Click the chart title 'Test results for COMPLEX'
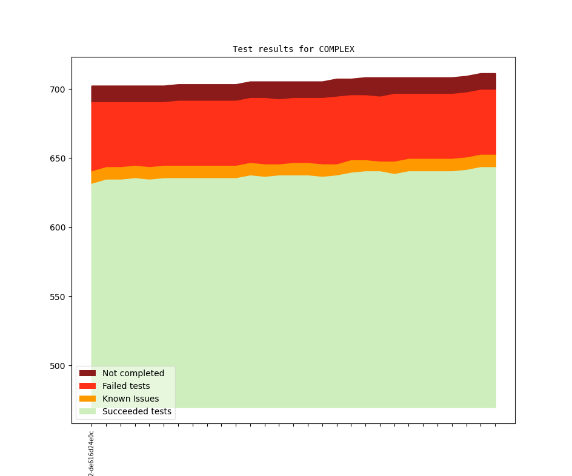coord(293,49)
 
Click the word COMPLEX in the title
coord(336,49)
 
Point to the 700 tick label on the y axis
coord(56,90)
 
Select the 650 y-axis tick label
coord(56,158)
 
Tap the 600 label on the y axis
coord(56,227)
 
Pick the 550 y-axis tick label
coord(56,297)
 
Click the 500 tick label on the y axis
coord(56,366)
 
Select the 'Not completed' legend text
coord(133,373)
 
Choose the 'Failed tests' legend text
coord(126,386)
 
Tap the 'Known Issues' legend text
coord(130,399)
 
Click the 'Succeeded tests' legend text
coord(137,411)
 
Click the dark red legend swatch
coord(87,373)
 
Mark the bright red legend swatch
coord(87,386)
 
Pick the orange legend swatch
coord(87,399)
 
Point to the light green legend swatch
coord(87,411)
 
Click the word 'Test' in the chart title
coord(242,49)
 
